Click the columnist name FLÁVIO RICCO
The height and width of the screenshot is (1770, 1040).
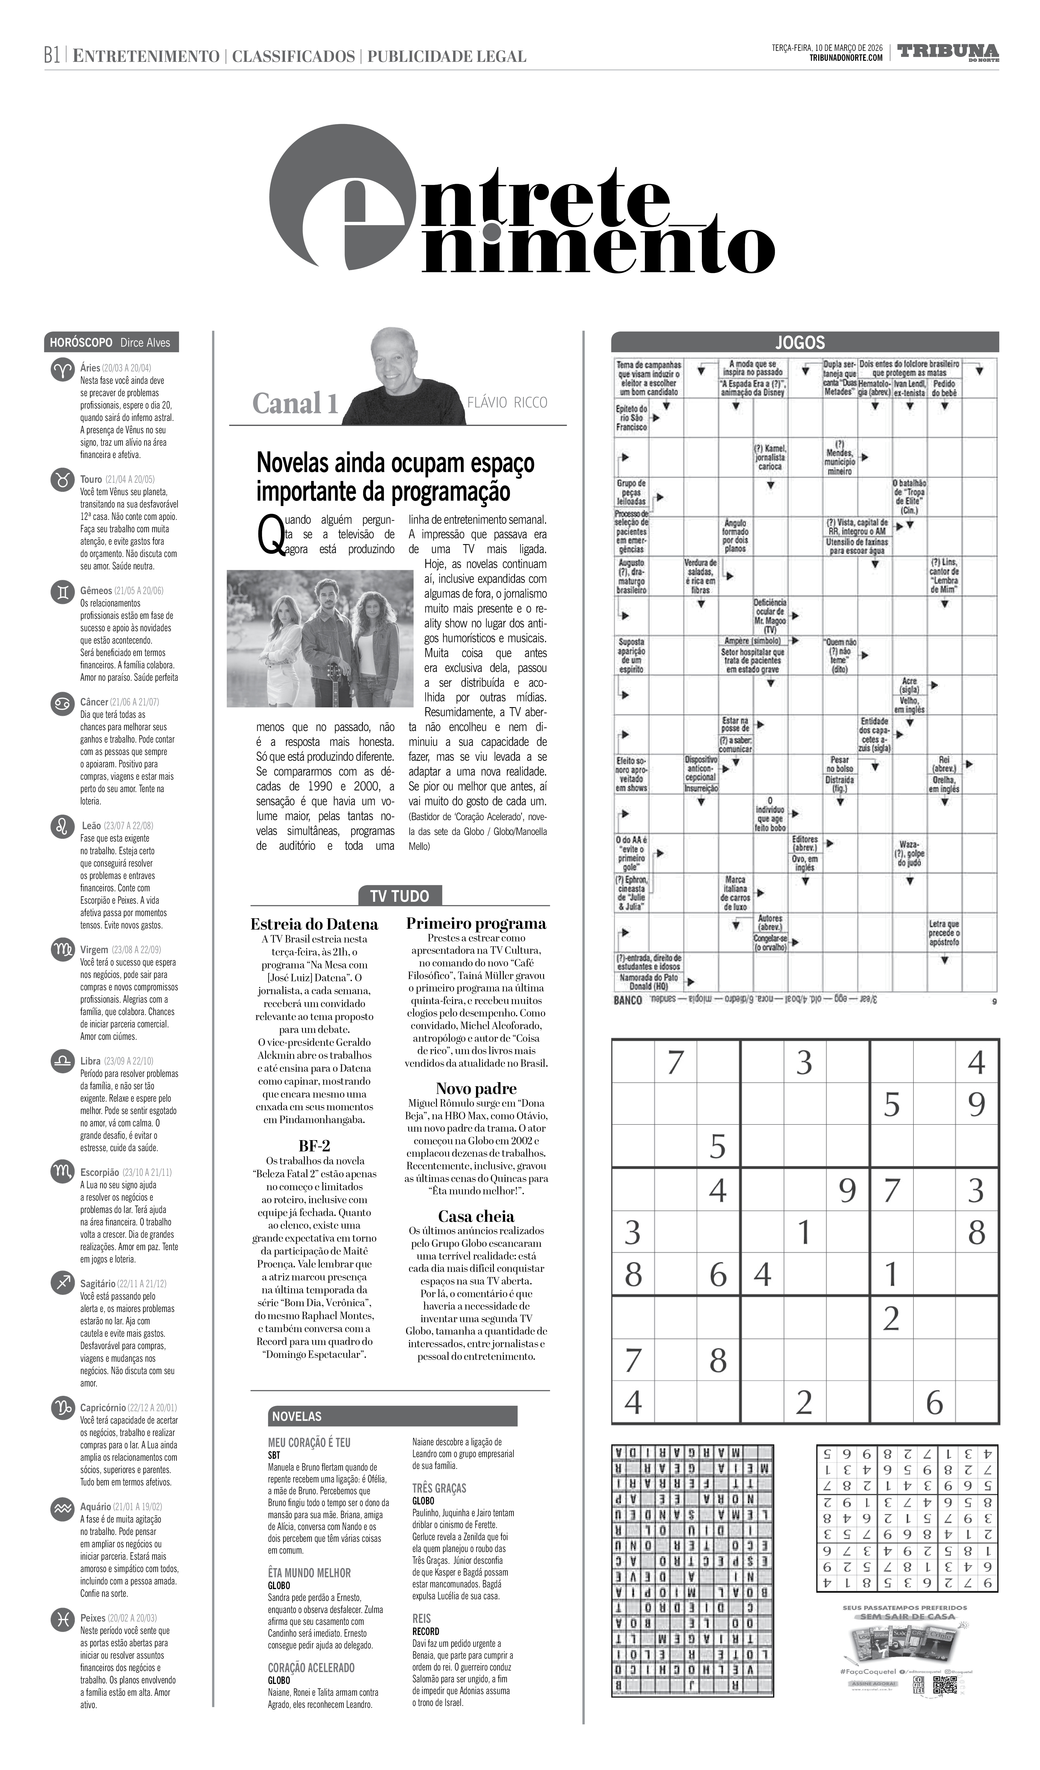[507, 402]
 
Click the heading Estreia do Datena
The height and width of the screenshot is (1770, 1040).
[314, 924]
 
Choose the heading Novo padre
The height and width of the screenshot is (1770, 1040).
[476, 1089]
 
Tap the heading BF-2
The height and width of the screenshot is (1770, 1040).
[314, 1146]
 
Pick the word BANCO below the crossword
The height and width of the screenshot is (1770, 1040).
[628, 1000]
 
